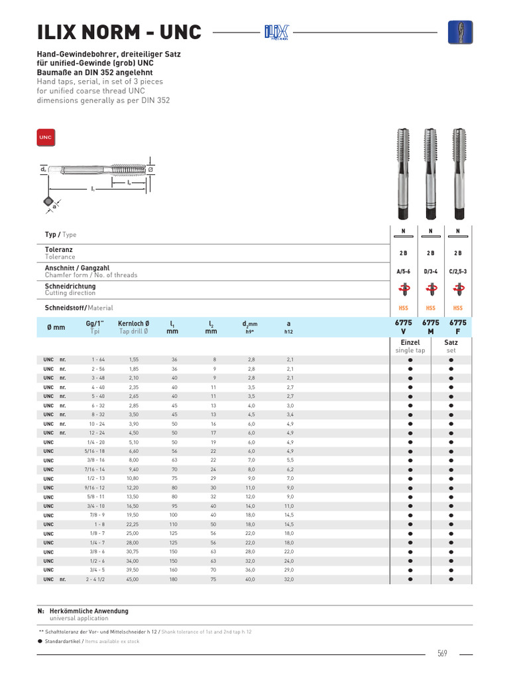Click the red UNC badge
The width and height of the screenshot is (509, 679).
point(45,137)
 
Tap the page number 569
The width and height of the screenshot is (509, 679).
point(442,654)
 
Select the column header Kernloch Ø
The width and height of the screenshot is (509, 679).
point(133,323)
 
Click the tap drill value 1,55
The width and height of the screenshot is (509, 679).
point(134,359)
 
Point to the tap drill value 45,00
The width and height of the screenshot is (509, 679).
point(134,579)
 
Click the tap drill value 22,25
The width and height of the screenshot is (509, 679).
point(134,524)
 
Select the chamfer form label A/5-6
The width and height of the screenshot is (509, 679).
point(403,271)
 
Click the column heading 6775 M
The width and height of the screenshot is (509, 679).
point(431,326)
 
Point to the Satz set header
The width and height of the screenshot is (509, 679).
point(451,346)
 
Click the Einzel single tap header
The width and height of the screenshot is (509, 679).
point(410,346)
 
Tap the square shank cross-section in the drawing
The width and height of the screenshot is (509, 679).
point(47,201)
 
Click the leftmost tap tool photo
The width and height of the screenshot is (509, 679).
point(403,173)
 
